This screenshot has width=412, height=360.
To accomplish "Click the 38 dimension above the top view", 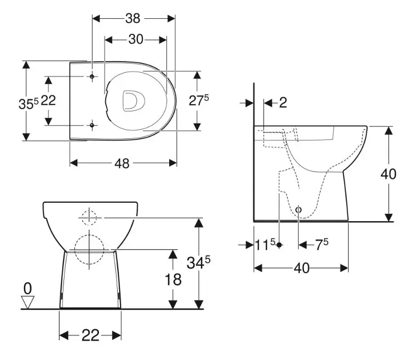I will click(x=133, y=18).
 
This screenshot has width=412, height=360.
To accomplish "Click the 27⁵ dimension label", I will click(x=198, y=101).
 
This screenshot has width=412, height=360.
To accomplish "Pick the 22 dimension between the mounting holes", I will click(x=49, y=101).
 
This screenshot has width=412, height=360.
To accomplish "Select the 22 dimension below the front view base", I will click(x=90, y=335).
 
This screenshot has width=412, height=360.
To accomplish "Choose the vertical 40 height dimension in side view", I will click(x=389, y=174).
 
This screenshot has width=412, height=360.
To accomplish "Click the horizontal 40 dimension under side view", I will click(x=301, y=268).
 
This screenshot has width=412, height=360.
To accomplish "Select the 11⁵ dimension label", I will click(x=265, y=245).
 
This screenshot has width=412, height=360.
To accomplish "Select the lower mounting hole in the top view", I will click(x=92, y=124).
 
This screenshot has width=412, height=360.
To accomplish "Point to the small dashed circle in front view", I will click(x=90, y=217).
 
